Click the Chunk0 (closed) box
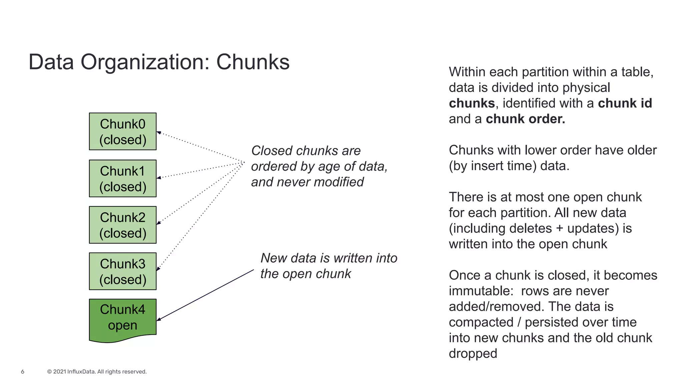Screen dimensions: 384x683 122,131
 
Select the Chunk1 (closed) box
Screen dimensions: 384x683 122,178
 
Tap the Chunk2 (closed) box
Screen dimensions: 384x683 122,225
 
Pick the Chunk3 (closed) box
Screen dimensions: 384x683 122,271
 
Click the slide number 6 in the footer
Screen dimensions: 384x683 23,372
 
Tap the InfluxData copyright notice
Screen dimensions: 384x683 97,372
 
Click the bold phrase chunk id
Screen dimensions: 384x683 625,103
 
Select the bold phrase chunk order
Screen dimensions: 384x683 525,119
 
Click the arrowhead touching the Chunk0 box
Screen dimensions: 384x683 159,133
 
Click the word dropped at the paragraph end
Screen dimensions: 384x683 473,354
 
